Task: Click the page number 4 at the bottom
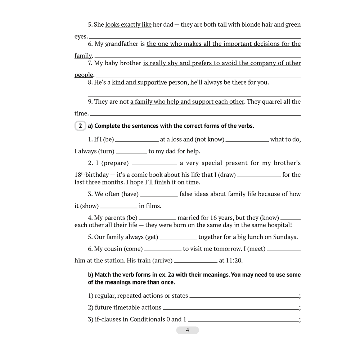pyautogui.click(x=187, y=330)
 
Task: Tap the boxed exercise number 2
pyautogui.click(x=80, y=126)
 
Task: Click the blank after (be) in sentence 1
pyautogui.click(x=137, y=140)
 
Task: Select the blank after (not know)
pyautogui.click(x=247, y=140)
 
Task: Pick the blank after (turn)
pyautogui.click(x=131, y=152)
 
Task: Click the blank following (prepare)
pyautogui.click(x=154, y=164)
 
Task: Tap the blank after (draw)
pyautogui.click(x=259, y=176)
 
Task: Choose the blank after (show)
pyautogui.click(x=119, y=207)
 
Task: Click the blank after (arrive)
pyautogui.click(x=195, y=262)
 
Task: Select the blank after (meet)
pyautogui.click(x=284, y=250)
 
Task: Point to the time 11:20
pyautogui.click(x=237, y=261)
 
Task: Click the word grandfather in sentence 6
pyautogui.click(x=121, y=44)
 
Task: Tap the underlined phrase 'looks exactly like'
pyautogui.click(x=128, y=25)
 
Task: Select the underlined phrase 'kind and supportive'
pyautogui.click(x=139, y=82)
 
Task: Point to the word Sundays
pyautogui.click(x=285, y=237)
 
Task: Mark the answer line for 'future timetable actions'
pyautogui.click(x=230, y=309)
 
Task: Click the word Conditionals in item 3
pyautogui.click(x=150, y=319)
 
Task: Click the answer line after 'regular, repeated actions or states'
pyautogui.click(x=244, y=297)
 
